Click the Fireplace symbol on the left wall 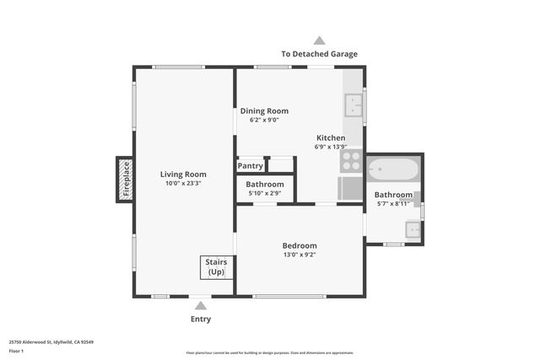(125, 179)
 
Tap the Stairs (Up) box (216, 267)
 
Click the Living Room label (183, 175)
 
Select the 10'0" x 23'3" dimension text (183, 183)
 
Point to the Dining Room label (264, 111)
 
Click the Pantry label (251, 166)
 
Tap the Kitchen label (331, 137)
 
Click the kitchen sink (354, 105)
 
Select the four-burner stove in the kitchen (351, 160)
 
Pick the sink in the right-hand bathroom (413, 228)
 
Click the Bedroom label (300, 246)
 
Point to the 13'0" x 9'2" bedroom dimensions (300, 255)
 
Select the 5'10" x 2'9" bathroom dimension (264, 194)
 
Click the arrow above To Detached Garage (319, 40)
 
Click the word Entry (201, 320)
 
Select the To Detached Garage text (319, 54)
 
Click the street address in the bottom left (51, 342)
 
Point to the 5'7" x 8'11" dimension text (393, 203)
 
